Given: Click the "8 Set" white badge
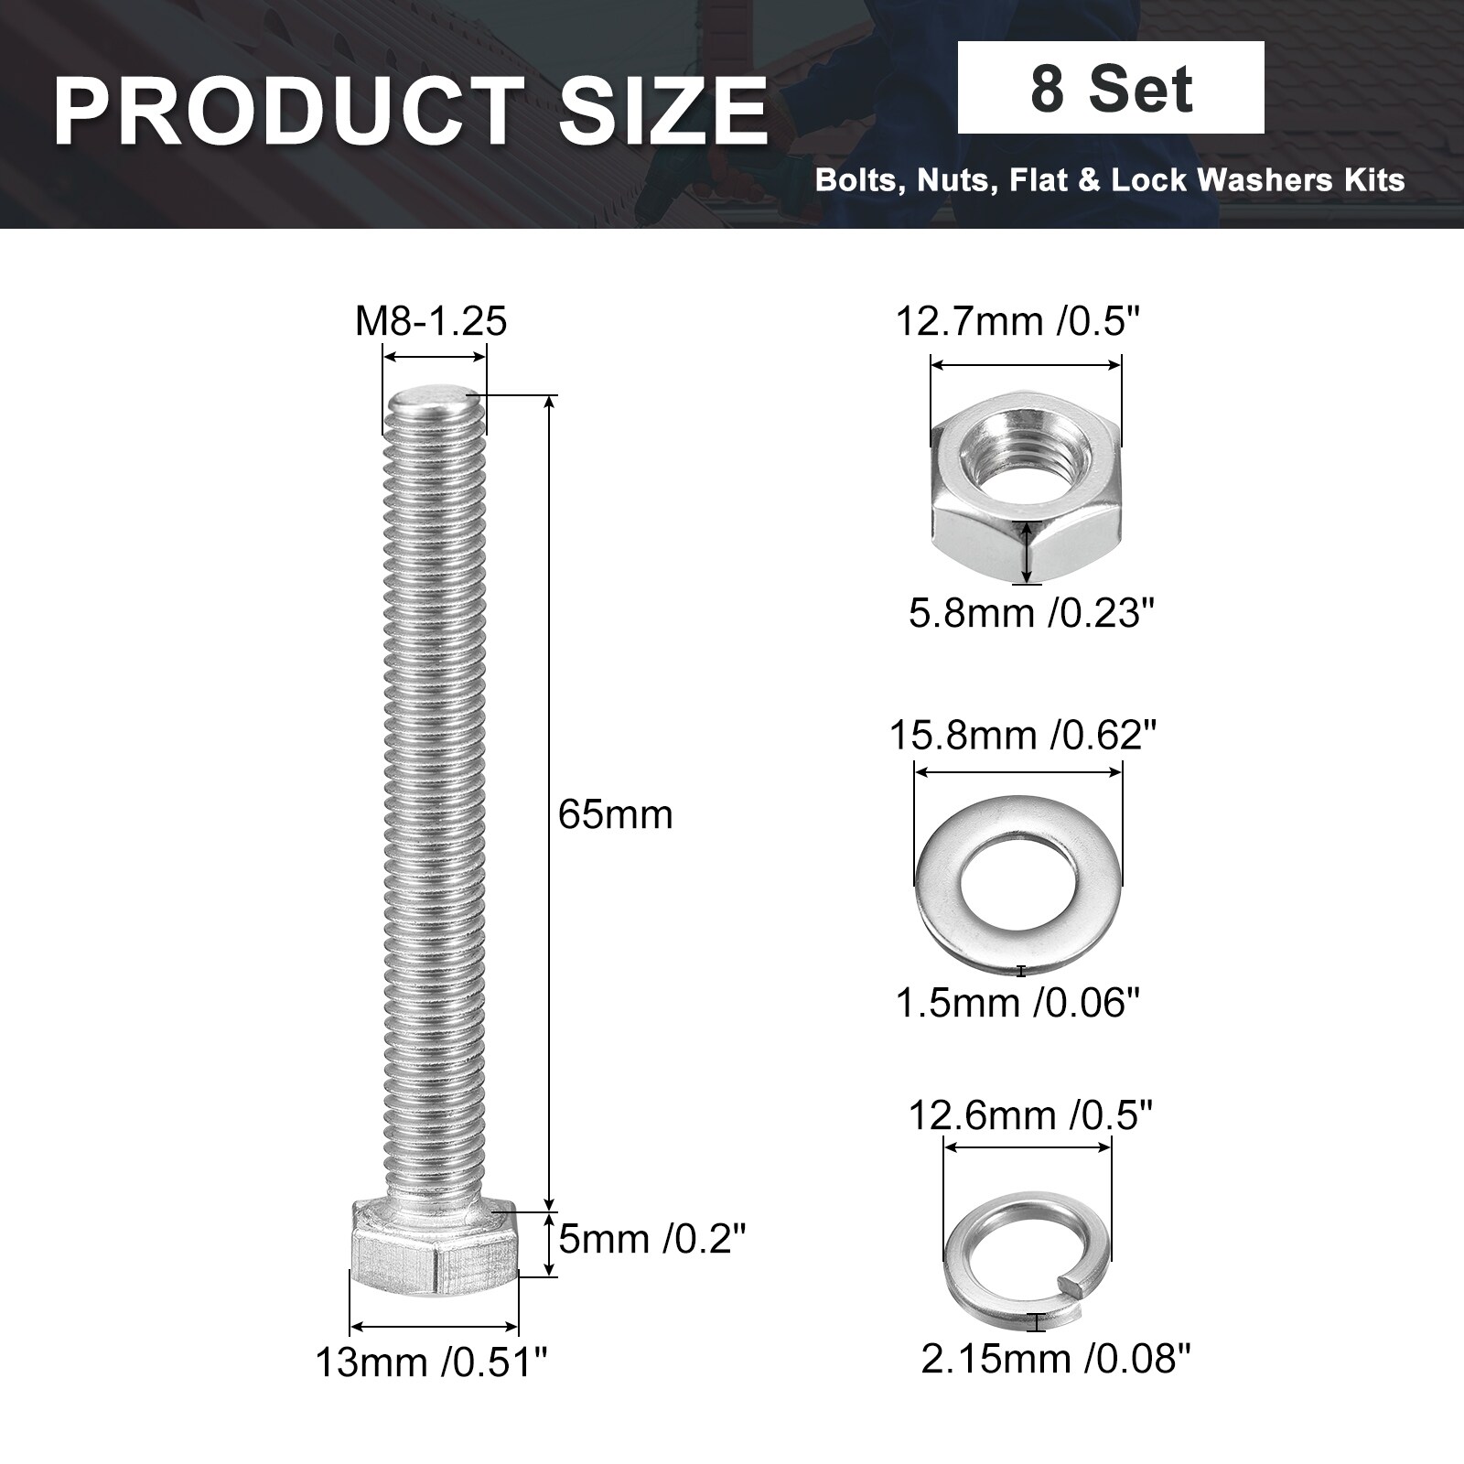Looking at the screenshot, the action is (1111, 88).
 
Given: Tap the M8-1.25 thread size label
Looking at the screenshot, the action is (431, 321).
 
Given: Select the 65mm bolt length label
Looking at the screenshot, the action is (615, 814).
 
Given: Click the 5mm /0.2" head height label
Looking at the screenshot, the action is (652, 1240).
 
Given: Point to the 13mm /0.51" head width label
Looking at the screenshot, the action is (431, 1362).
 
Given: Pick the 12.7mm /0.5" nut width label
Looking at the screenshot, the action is (1018, 321).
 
